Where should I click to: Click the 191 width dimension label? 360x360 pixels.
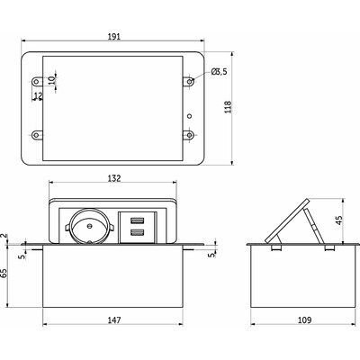pos(113,36)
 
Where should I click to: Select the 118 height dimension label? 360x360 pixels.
pos(228,107)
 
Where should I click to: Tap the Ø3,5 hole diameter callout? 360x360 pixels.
pos(219,72)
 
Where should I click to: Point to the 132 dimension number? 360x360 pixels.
pos(114,178)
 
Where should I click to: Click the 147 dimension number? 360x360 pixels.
pos(114,320)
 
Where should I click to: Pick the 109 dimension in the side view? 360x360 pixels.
pos(305,320)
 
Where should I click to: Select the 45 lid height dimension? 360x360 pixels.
pos(339,220)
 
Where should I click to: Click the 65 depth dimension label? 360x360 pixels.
pos(4,274)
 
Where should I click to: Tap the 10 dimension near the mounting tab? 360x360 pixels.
pos(51,80)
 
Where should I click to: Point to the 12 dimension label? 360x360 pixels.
pos(38,95)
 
